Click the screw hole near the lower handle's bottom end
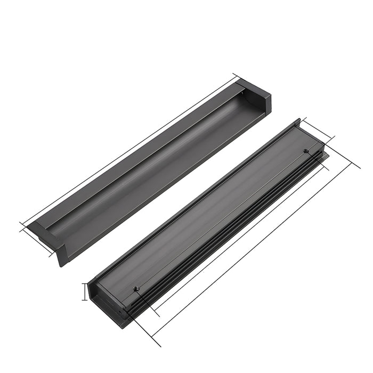click(136, 288)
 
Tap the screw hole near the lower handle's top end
click(306, 151)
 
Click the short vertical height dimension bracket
click(84, 292)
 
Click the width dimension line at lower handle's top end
click(318, 131)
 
